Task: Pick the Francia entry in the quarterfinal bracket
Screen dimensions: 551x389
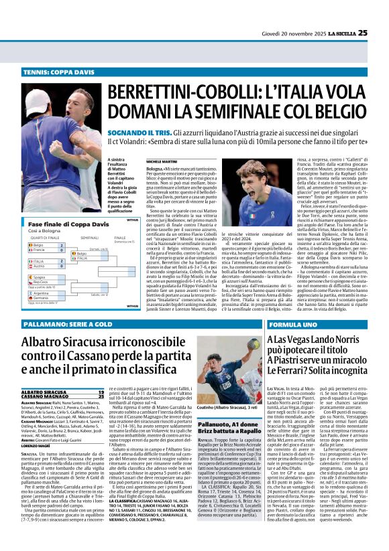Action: tap(40, 250)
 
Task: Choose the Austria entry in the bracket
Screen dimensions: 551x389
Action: tap(40, 266)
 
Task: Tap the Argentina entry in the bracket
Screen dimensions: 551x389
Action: tap(42, 293)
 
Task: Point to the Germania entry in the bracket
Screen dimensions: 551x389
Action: tap(42, 298)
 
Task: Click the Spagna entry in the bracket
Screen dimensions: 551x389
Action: tap(40, 277)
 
